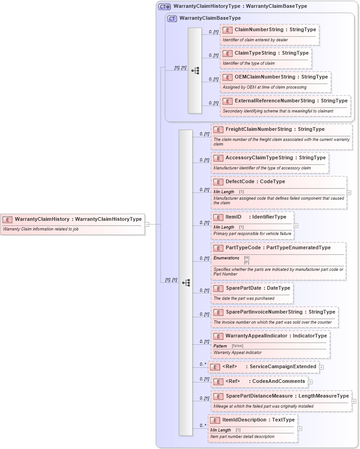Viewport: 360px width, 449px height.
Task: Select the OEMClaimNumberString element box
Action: coord(275,82)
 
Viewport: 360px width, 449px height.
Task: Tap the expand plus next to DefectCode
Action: coord(349,193)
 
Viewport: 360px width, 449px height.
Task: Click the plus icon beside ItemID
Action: coord(296,225)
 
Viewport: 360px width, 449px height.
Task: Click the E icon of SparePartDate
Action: coord(218,288)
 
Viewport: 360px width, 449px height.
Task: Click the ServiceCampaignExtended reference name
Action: coord(282,367)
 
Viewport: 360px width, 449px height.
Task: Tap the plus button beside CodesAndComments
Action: coord(310,382)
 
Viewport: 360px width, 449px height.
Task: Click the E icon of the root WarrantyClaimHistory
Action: coord(7,219)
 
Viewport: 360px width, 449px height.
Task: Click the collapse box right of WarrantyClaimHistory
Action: coord(147,224)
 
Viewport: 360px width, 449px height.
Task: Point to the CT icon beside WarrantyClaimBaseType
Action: coord(172,18)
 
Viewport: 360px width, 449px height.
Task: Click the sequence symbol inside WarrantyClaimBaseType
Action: coord(195,70)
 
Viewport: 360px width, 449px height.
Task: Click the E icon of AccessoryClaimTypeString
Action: coord(218,158)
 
